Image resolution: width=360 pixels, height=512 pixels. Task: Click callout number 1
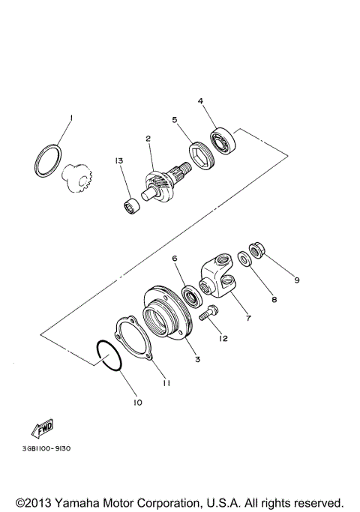pyautogui.click(x=70, y=118)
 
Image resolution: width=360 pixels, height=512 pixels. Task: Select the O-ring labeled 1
pyautogui.click(x=49, y=160)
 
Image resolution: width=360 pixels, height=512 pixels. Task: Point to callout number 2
pyautogui.click(x=148, y=139)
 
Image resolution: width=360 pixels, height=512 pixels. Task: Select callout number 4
pyautogui.click(x=200, y=100)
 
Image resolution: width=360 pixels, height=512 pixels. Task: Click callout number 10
pyautogui.click(x=137, y=402)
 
